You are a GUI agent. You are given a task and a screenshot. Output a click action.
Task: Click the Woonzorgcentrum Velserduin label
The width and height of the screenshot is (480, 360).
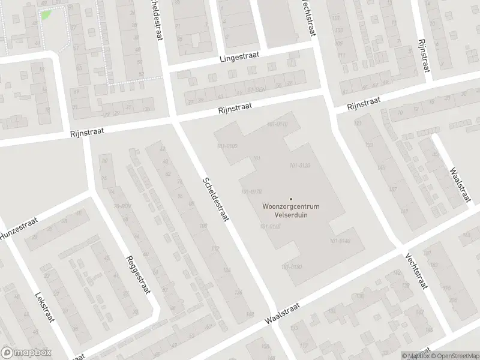[x=291, y=211]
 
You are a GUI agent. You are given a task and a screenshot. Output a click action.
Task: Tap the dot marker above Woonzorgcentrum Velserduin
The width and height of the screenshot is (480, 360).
[x=291, y=199]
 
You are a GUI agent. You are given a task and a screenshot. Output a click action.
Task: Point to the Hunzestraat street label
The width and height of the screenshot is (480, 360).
[x=19, y=230]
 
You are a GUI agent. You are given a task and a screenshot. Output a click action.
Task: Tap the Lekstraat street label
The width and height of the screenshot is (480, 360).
[x=45, y=307]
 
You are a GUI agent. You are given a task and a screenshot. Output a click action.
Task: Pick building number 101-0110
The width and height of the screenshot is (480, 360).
[x=277, y=124]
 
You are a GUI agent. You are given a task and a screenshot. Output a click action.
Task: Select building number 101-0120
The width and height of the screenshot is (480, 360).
[x=299, y=166]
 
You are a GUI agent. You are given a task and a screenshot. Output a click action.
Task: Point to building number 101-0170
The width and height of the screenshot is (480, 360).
[x=251, y=192]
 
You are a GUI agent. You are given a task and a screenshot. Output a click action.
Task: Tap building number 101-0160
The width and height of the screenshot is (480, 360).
[x=270, y=227]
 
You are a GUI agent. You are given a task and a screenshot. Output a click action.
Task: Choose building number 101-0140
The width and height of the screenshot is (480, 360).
[x=340, y=241]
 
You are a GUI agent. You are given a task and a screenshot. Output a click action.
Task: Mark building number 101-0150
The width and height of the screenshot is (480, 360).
[x=291, y=266]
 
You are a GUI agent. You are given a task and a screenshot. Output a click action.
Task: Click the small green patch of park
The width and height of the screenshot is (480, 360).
[x=46, y=14]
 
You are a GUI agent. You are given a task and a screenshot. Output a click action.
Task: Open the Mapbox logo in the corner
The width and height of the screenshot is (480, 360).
[x=26, y=353]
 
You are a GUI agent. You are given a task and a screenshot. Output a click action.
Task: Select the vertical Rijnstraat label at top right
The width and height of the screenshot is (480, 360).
[x=424, y=55]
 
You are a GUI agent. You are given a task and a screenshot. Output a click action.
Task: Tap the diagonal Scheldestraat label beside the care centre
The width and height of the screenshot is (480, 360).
[x=216, y=199]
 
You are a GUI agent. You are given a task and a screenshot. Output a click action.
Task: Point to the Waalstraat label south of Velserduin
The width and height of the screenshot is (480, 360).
[x=283, y=314]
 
